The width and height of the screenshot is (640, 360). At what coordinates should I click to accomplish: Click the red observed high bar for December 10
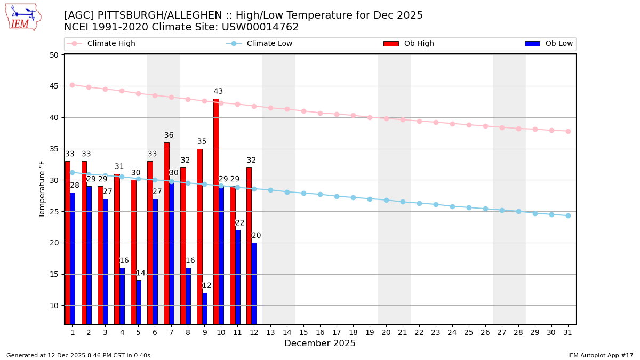point(216,211)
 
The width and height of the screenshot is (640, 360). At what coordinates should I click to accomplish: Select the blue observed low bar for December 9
point(205,308)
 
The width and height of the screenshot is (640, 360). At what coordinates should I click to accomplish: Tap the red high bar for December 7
point(166,233)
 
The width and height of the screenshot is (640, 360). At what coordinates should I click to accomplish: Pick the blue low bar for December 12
point(254,283)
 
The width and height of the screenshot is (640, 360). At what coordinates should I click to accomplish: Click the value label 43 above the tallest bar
point(218,92)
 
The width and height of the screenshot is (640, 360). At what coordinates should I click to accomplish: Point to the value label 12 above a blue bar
point(206,286)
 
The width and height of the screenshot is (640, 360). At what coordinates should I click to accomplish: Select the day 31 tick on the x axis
point(568,332)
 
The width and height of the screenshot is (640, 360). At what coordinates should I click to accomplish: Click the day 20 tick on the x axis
point(386,332)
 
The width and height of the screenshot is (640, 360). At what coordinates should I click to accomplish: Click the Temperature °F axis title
point(42,189)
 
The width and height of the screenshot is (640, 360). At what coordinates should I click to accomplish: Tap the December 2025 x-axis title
point(320,343)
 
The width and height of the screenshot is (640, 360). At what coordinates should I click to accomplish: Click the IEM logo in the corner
point(23,17)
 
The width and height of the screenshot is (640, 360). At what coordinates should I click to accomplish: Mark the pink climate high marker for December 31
point(568,131)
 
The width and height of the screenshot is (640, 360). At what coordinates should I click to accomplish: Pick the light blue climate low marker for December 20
point(386,200)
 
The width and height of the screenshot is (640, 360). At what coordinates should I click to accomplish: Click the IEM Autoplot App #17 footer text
point(601,355)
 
